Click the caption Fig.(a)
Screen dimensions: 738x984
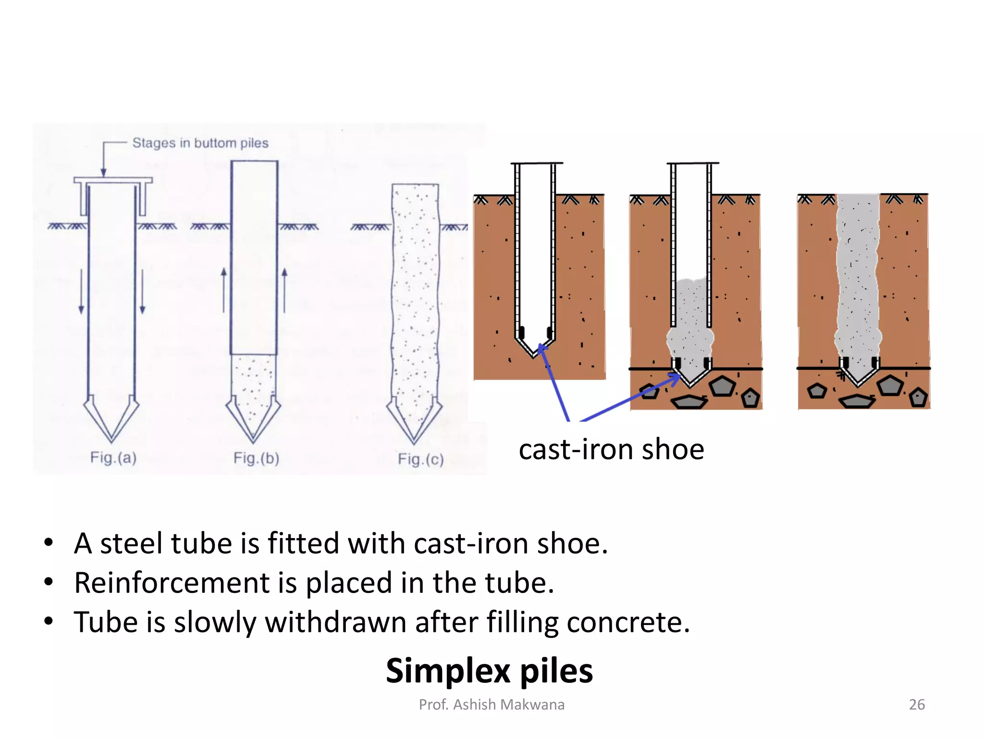point(113,457)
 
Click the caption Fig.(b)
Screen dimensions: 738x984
point(256,458)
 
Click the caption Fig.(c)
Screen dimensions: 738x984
point(420,459)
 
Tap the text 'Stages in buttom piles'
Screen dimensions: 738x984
point(200,143)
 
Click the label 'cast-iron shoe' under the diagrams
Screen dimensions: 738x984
point(611,450)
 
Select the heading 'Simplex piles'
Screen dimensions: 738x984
point(489,671)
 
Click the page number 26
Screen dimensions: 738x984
point(916,704)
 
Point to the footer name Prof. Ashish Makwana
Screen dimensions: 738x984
point(492,704)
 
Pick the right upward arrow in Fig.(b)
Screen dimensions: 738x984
point(284,291)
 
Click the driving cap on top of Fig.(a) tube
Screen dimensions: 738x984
point(113,181)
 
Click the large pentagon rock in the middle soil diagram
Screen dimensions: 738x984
point(722,386)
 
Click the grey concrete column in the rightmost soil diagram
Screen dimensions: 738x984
point(858,279)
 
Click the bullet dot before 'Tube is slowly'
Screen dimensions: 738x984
point(48,621)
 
